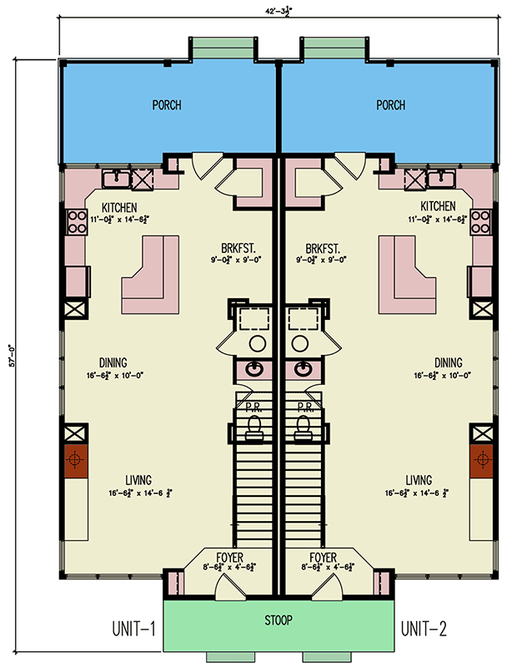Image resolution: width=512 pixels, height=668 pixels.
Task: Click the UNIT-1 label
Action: point(134,627)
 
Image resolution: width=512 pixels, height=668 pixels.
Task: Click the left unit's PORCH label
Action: point(167,106)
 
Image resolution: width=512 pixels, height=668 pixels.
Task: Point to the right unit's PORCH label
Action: point(390,106)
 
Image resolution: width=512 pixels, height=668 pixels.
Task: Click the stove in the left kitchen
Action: point(78,223)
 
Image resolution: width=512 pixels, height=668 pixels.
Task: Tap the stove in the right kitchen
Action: point(481,223)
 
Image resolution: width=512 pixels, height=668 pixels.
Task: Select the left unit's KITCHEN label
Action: point(119,206)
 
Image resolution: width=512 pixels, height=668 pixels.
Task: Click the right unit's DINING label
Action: point(448,363)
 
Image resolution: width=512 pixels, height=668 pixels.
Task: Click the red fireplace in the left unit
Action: point(76,460)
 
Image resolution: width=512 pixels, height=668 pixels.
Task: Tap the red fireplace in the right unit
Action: point(482,460)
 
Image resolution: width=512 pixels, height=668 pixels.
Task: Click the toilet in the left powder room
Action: point(256,428)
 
